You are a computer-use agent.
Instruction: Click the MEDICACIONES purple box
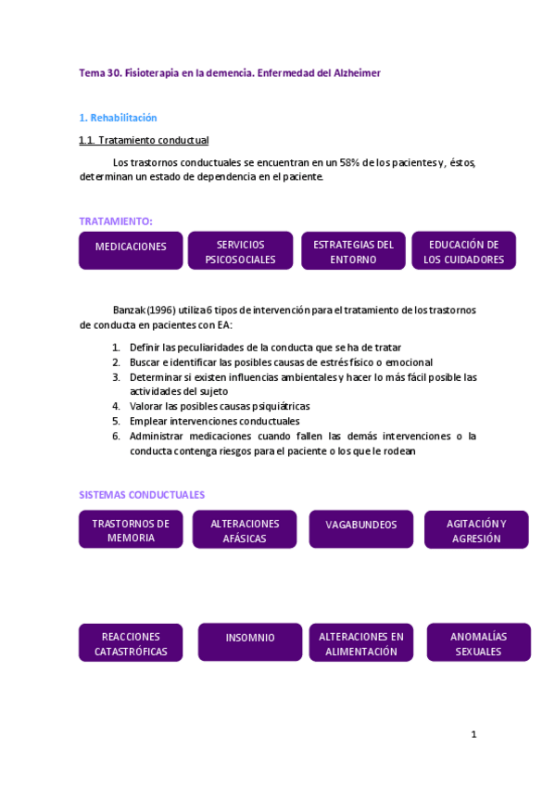[x=131, y=247]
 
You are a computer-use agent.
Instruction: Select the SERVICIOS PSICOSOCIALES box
[x=241, y=251]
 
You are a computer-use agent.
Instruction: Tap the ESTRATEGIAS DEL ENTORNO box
[x=353, y=251]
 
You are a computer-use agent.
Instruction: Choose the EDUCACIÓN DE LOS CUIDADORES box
[x=463, y=251]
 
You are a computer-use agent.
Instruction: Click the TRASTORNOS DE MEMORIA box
[x=131, y=530]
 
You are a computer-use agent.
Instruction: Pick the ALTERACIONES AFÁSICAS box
[x=245, y=530]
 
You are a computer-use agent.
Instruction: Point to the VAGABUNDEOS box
[x=361, y=525]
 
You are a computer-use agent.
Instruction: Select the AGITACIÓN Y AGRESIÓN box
[x=476, y=530]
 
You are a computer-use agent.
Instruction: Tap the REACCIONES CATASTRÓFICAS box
[x=131, y=643]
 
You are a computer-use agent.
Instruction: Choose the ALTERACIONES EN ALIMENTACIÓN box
[x=361, y=643]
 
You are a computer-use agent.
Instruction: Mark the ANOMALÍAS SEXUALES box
[x=478, y=643]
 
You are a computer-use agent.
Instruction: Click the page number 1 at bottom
[x=473, y=735]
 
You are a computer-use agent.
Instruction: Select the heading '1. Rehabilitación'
[x=118, y=118]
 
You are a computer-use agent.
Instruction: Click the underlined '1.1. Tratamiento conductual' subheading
[x=144, y=140]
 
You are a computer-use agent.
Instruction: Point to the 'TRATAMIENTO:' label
[x=116, y=221]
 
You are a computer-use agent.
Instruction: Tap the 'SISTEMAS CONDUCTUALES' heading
[x=142, y=495]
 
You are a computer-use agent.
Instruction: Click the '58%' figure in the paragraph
[x=348, y=163]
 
